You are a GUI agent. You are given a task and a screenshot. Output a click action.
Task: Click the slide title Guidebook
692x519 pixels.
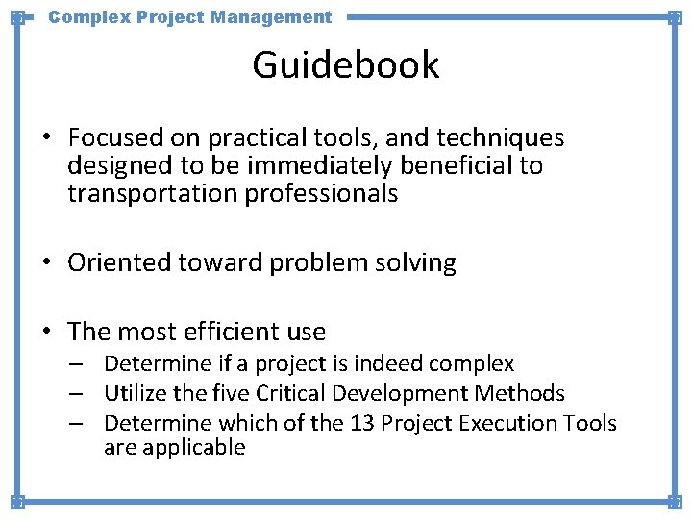(x=346, y=65)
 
